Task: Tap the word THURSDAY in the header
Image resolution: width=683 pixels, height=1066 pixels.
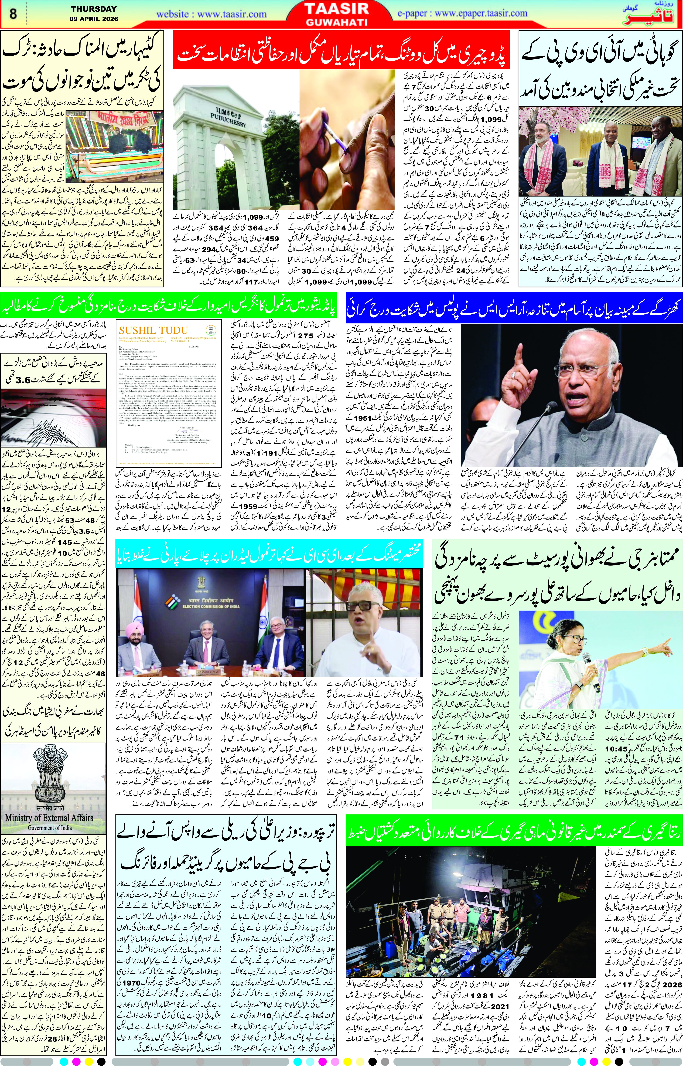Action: [94, 9]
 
